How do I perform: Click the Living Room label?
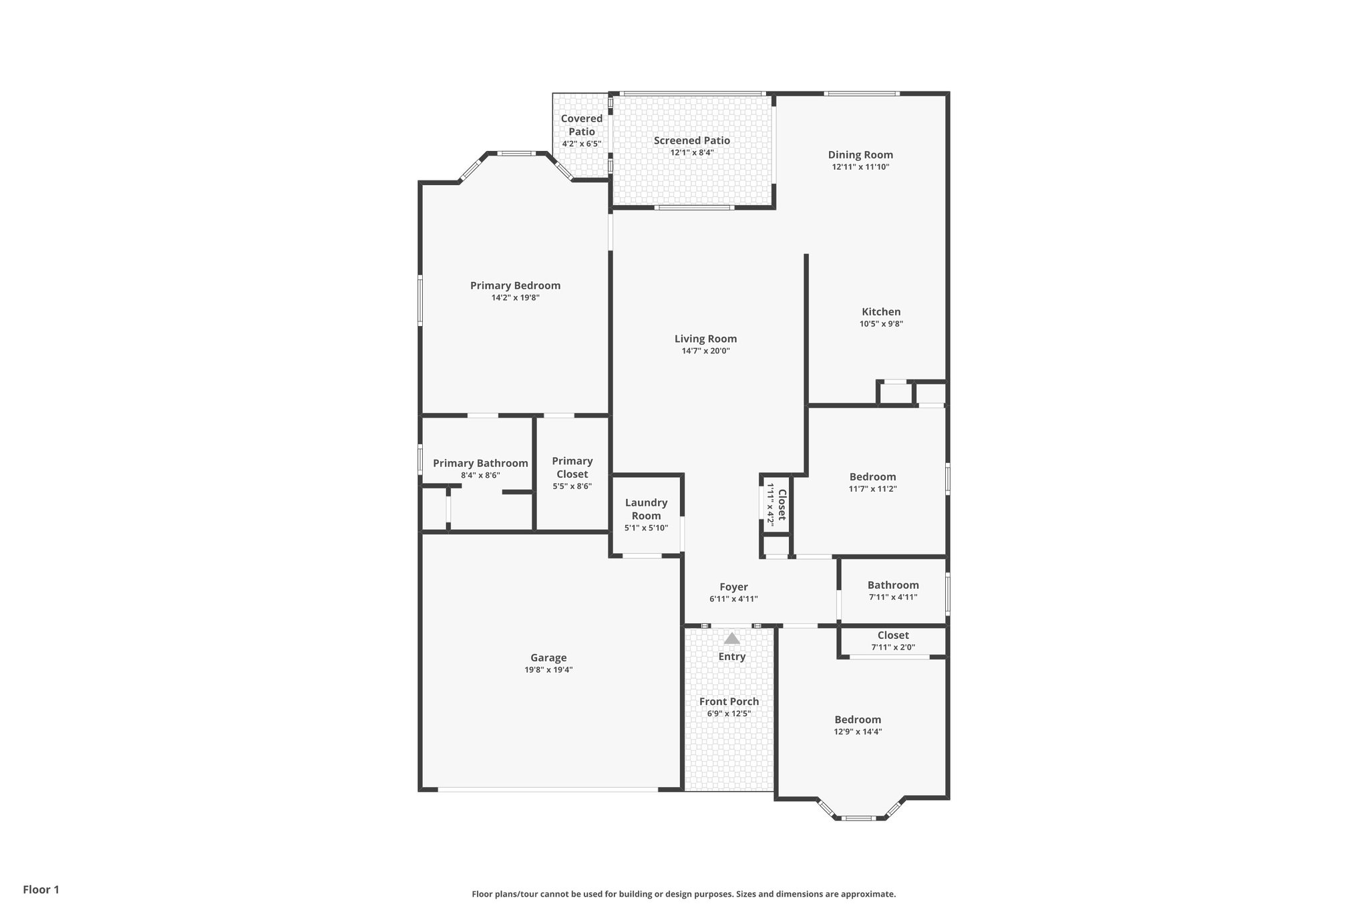(705, 339)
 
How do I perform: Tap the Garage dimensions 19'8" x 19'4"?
(548, 669)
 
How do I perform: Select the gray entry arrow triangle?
(732, 638)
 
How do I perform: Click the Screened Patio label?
(691, 140)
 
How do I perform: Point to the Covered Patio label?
(581, 125)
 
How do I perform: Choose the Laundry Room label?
(646, 508)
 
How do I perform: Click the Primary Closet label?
(572, 467)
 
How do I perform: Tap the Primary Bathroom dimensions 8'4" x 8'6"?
(480, 476)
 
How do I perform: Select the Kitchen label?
(881, 311)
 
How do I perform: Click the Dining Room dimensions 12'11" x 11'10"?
(860, 167)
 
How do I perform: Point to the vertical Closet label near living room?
(782, 504)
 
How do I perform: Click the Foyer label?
(733, 587)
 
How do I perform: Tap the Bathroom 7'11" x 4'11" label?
(893, 585)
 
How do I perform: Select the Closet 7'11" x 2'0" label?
(893, 635)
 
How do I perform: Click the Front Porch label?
(729, 702)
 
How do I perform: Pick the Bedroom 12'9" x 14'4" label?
(858, 720)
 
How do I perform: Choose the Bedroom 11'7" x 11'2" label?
(872, 476)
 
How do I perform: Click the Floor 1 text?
(41, 889)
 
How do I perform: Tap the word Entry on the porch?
(732, 657)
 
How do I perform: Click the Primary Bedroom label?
(515, 285)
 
